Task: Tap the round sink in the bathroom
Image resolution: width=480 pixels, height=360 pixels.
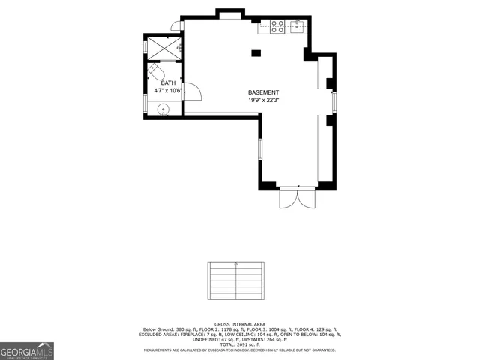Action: point(163,109)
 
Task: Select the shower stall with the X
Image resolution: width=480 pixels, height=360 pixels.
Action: point(163,47)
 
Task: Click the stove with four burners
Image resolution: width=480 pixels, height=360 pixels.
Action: point(275,27)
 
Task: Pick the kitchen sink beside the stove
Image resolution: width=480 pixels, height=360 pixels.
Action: point(295,27)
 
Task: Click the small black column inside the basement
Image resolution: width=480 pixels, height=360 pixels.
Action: point(256,52)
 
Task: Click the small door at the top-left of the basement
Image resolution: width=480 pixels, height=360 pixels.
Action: point(175,27)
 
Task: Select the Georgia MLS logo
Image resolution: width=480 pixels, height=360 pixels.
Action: point(27,350)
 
